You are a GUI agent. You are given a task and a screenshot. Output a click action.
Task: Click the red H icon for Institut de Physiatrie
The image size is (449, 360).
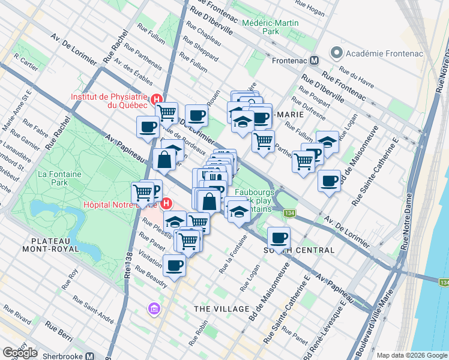click(x=157, y=99)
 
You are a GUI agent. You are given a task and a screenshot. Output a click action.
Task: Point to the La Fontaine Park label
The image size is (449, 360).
click(x=51, y=178)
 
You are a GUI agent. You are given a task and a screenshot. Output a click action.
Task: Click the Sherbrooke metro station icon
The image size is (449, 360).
click(x=90, y=355)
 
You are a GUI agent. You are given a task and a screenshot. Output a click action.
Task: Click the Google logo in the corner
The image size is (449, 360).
click(x=20, y=352)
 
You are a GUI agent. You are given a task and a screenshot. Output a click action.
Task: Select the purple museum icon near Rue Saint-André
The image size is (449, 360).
click(x=155, y=308)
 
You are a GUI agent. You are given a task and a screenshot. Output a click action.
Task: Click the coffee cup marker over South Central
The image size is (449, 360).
click(x=279, y=237)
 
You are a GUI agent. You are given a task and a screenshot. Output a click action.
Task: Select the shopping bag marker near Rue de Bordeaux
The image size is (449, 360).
click(x=164, y=160)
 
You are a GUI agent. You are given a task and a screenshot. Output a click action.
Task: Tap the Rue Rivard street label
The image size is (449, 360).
click(x=17, y=312)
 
